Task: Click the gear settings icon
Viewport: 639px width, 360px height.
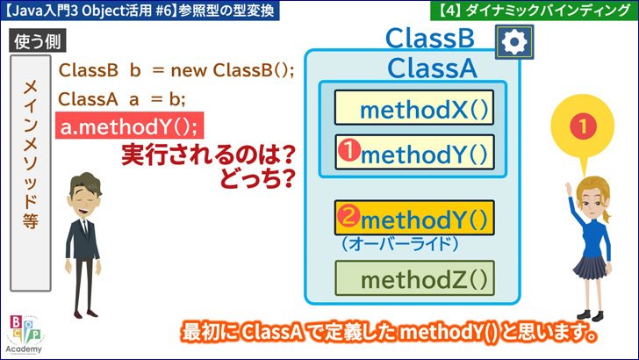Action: point(514,41)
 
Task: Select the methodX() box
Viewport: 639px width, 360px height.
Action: point(414,108)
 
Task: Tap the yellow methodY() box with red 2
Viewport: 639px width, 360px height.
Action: point(414,218)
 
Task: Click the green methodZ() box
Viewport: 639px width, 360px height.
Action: point(414,278)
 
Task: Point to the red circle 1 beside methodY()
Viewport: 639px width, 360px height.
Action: point(348,150)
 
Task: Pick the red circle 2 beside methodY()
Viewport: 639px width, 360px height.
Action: point(348,215)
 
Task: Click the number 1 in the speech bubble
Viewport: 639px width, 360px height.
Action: point(583,126)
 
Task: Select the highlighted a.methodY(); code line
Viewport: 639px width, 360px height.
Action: point(130,126)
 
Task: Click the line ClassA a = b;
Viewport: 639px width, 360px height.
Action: point(122,98)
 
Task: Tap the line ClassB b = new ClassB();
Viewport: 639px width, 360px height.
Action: point(176,70)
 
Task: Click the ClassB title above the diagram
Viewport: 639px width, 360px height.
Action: point(430,39)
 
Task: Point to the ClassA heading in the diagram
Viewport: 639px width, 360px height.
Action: point(432,68)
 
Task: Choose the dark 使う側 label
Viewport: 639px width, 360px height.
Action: point(38,40)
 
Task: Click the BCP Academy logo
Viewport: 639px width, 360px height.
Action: point(25,335)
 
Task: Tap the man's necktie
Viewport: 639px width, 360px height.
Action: point(86,229)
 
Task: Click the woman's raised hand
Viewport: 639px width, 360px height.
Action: point(568,189)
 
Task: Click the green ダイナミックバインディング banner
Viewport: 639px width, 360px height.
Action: point(535,11)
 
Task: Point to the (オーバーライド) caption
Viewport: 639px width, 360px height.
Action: point(399,244)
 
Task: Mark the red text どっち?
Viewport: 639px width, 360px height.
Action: point(257,178)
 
